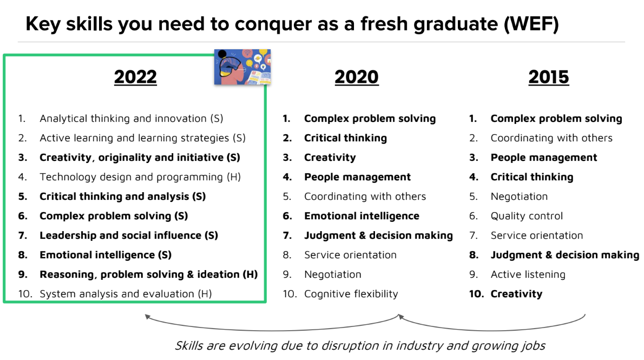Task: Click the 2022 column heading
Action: [135, 77]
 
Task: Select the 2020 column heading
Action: [357, 77]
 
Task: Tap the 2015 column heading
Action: [548, 77]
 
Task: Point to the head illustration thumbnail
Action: [242, 67]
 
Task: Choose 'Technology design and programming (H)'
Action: [140, 177]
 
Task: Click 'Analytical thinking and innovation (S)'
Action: [132, 119]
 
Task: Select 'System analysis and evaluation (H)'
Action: [126, 294]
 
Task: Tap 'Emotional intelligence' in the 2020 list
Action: [362, 216]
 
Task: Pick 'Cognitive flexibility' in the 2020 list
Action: [351, 294]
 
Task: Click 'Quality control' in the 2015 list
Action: [527, 216]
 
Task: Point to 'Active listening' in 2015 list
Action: [528, 274]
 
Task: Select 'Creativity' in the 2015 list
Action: [516, 294]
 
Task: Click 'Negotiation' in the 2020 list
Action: [333, 274]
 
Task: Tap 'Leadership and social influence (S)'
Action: [129, 235]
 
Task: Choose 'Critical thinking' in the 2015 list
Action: [532, 177]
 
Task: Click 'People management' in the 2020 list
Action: [357, 177]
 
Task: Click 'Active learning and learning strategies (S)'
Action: [142, 138]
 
